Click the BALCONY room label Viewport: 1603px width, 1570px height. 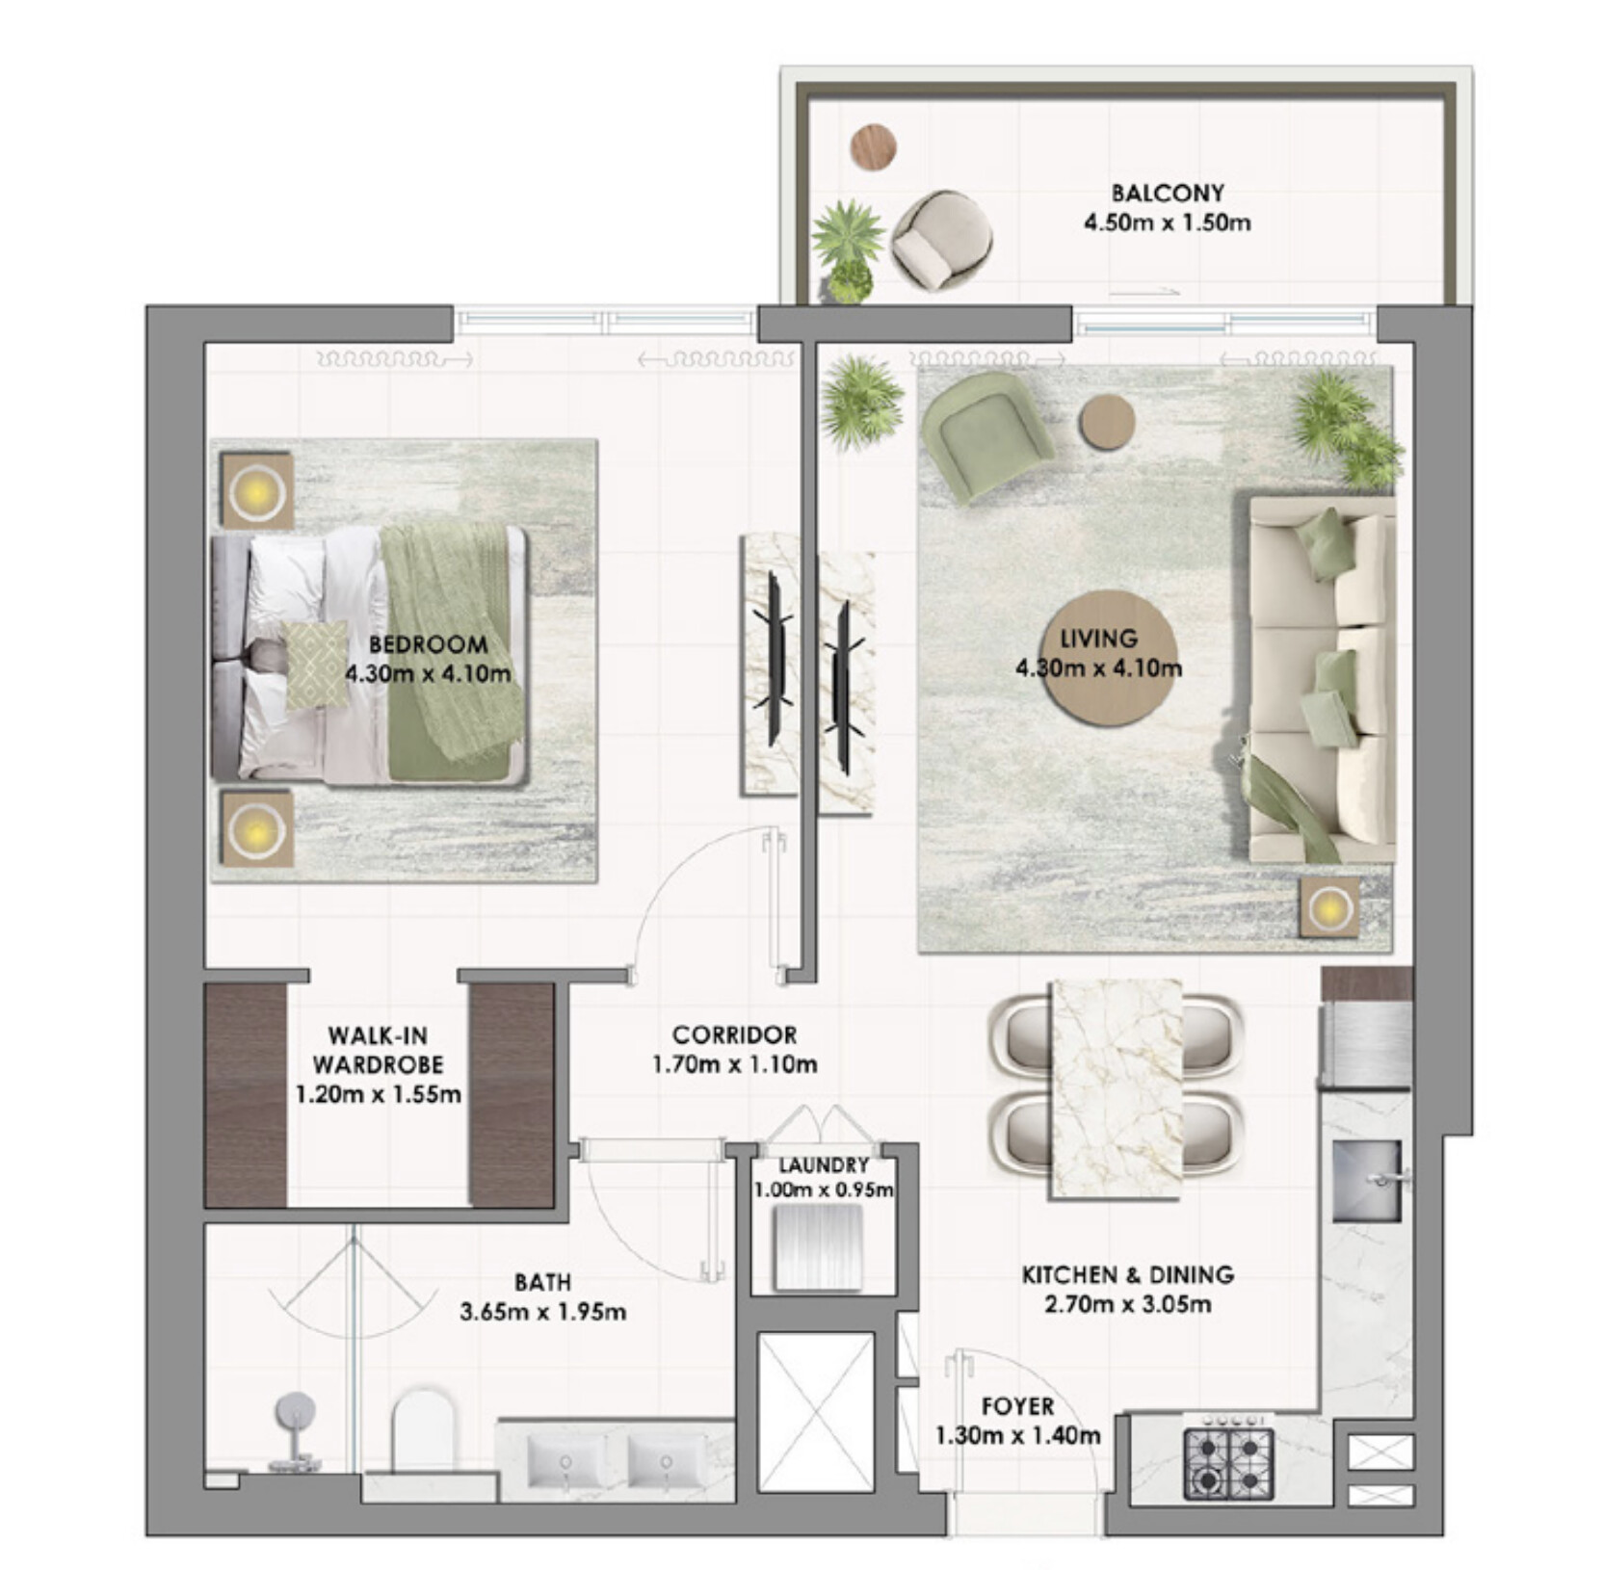1167,193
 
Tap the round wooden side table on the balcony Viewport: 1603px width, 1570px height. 874,147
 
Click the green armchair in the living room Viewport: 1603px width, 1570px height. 985,433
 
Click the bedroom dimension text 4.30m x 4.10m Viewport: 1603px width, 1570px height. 428,672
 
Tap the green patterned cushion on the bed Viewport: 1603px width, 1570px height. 315,665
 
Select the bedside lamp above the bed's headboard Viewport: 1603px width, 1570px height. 256,492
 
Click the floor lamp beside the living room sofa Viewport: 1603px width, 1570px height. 1329,907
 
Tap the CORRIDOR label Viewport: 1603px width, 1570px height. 734,1034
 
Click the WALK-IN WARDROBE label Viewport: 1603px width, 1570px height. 378,1050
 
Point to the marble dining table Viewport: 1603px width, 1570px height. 1117,1089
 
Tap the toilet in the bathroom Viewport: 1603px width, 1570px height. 423,1429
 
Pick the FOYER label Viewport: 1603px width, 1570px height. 1017,1405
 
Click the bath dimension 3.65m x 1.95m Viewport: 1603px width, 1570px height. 543,1311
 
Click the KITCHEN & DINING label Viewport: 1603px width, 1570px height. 1128,1274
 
